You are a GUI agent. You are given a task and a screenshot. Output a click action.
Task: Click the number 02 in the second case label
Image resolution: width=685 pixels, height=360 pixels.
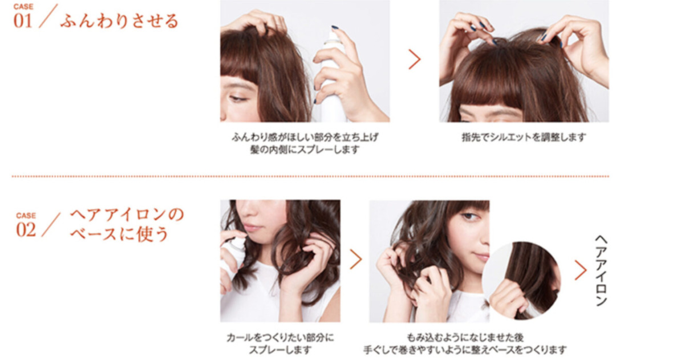[x=26, y=230]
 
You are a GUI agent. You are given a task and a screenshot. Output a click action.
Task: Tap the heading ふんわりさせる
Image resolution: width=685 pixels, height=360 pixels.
[x=119, y=22]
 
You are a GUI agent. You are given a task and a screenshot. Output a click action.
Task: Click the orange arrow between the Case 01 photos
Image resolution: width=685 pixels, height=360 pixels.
[x=414, y=59]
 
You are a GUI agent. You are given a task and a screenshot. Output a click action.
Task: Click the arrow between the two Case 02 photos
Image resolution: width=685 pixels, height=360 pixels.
[x=355, y=259]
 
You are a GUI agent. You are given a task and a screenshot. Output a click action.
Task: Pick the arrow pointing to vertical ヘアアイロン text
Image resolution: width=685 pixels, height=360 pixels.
[x=580, y=270]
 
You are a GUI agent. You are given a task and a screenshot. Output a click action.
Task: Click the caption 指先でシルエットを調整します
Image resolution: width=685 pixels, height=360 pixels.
[x=524, y=137]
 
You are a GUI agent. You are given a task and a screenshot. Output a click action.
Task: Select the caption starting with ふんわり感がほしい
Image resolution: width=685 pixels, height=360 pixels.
[x=305, y=143]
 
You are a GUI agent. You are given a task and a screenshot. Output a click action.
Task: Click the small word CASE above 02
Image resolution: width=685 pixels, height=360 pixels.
[x=26, y=216]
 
